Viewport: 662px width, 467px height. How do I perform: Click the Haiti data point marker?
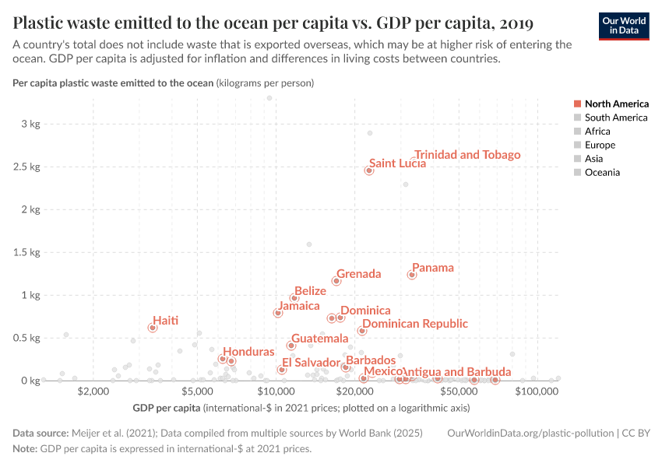(153, 328)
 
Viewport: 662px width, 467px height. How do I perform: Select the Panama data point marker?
(412, 275)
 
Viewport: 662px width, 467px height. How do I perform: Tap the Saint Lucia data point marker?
(369, 170)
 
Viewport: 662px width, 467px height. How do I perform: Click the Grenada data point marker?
(336, 281)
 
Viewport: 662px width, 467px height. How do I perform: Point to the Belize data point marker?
(294, 298)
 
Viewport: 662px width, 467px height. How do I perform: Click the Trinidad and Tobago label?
(467, 155)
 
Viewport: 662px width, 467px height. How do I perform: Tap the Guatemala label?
(319, 339)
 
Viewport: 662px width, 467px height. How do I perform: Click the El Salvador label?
(311, 363)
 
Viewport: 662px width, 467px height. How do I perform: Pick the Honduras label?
(248, 353)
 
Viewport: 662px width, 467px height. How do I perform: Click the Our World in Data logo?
(624, 26)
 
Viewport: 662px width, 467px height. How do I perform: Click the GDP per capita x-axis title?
(166, 407)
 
